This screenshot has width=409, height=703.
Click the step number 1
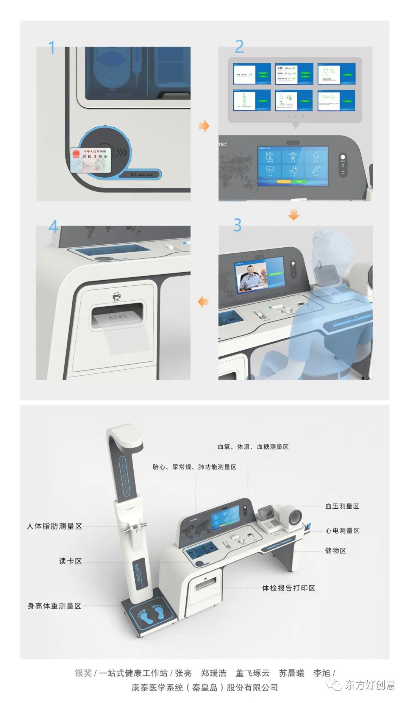(52, 48)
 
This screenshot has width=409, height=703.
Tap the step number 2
(239, 47)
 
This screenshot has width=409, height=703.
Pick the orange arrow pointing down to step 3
(293, 215)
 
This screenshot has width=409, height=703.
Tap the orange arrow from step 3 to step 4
(203, 302)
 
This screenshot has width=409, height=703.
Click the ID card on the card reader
(91, 159)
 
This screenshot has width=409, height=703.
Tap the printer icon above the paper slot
(117, 297)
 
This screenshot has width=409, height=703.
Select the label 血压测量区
(342, 506)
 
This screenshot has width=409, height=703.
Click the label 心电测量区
(342, 530)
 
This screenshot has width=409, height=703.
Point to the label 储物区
(336, 550)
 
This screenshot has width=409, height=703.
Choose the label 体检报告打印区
(289, 588)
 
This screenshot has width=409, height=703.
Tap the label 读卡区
(70, 561)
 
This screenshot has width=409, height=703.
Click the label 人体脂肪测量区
(55, 526)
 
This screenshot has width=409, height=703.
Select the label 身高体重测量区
(55, 606)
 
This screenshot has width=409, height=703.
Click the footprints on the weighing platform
(151, 614)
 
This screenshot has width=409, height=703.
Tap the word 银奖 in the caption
(83, 673)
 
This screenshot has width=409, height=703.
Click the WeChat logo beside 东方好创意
(334, 685)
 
